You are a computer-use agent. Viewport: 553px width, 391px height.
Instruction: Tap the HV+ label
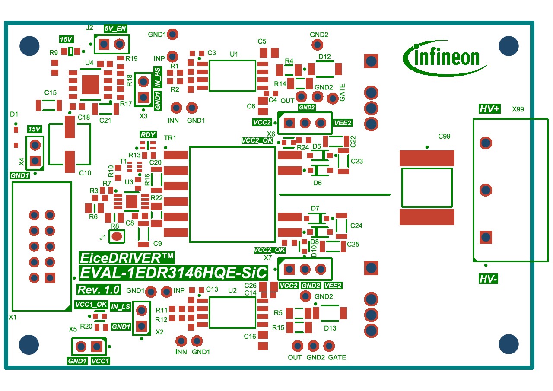coord(489,108)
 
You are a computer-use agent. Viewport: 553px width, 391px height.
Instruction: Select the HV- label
coord(488,279)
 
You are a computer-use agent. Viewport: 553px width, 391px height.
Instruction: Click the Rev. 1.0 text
coord(99,289)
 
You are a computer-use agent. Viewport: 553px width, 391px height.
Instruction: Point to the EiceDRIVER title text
coord(127,258)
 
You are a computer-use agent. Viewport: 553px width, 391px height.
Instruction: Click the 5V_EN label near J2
coord(115,29)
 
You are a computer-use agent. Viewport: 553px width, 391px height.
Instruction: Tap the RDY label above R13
coord(148,134)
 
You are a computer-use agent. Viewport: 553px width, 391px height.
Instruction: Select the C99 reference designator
coord(444,136)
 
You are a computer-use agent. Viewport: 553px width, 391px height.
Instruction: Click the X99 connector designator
coord(518,109)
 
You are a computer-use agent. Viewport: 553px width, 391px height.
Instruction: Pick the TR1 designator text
coord(170,138)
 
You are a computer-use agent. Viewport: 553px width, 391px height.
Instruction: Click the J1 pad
coord(117,236)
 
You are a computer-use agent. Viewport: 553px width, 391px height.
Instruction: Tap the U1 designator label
coord(234,54)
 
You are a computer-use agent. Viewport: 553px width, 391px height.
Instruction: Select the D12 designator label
coord(324,57)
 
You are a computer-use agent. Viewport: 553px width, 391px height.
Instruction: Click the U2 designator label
coord(232,290)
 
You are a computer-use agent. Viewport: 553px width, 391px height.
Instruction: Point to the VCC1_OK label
coord(91,304)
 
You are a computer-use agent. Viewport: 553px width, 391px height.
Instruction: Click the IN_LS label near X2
coord(120,307)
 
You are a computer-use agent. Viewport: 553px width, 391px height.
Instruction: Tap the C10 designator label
coord(85,173)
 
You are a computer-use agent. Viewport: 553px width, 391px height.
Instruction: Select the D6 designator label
coord(317,183)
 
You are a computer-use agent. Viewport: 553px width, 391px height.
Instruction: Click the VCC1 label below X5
coord(100,361)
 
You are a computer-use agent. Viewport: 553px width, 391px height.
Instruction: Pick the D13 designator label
coord(330,328)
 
